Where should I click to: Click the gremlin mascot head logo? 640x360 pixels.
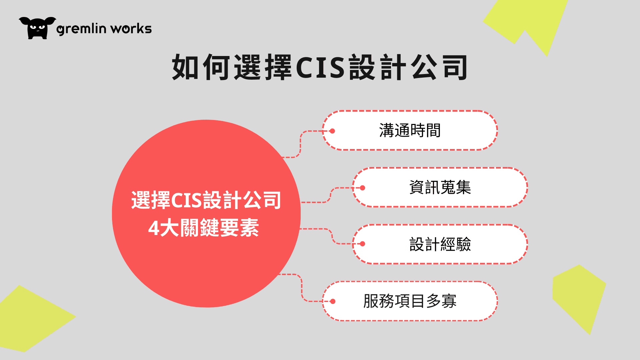[37, 28]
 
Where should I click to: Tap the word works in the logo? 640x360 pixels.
[131, 29]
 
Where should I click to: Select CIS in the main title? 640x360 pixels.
[320, 67]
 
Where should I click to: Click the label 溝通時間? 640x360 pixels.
[410, 130]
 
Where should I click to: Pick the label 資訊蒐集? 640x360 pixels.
[440, 187]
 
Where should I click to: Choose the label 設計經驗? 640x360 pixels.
[440, 244]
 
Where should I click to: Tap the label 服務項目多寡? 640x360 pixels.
[410, 301]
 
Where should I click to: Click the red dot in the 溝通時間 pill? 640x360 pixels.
[332, 131]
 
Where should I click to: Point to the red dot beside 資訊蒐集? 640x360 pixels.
[363, 188]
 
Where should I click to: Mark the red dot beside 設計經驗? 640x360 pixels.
[363, 244]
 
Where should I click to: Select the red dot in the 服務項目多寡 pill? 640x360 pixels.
[333, 302]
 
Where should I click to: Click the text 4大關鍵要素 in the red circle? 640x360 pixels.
[203, 228]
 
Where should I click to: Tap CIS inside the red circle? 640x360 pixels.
[186, 200]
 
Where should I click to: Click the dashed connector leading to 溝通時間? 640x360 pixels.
[301, 143]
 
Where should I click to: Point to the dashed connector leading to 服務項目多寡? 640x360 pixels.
[302, 288]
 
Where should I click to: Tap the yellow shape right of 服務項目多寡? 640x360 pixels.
[578, 297]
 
